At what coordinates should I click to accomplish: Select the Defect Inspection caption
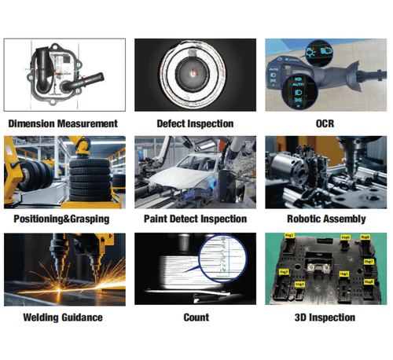click(194, 123)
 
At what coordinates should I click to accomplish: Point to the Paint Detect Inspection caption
click(194, 219)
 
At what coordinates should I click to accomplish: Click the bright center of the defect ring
click(194, 73)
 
